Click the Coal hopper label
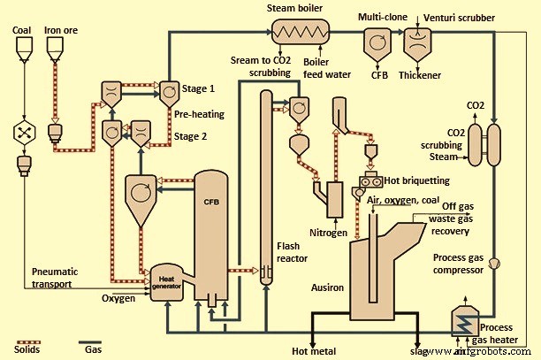pyautogui.click(x=21, y=29)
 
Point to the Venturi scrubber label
pyautogui.click(x=460, y=17)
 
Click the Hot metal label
pyautogui.click(x=313, y=351)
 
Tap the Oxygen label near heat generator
pyautogui.click(x=118, y=299)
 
